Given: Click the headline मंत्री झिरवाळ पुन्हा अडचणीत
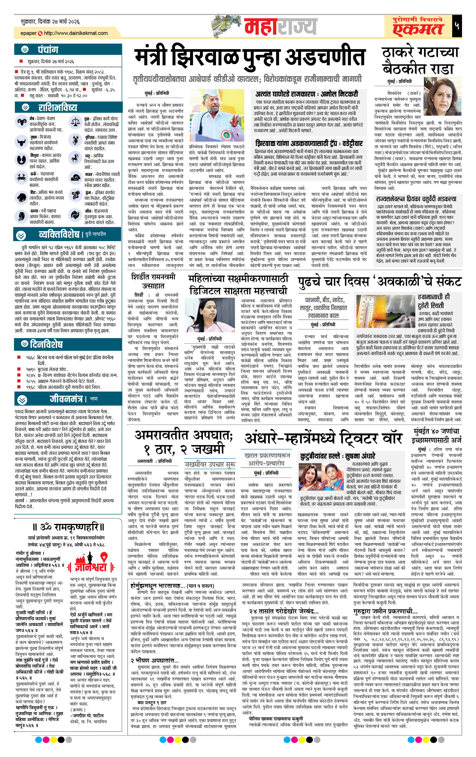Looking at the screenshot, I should coord(250,58).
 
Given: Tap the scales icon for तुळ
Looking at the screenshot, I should coord(76,122).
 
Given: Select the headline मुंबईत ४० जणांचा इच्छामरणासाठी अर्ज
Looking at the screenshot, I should coord(436,435).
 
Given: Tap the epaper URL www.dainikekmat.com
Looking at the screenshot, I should coord(76,33).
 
